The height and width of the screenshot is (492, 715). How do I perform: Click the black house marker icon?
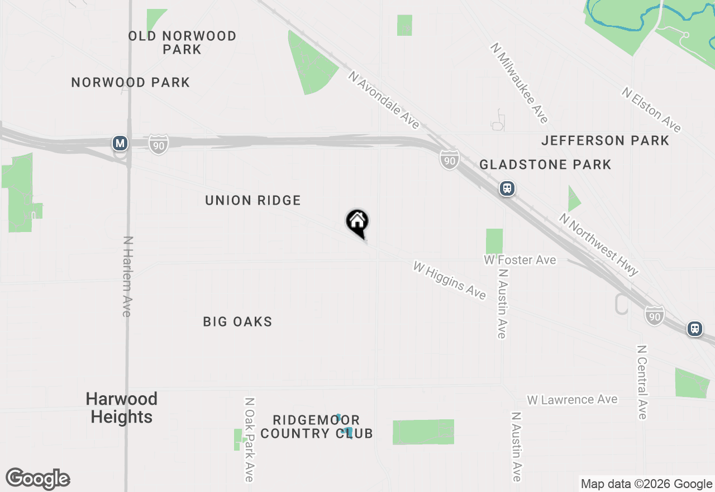357,222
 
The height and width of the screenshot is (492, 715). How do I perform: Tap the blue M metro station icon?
120,143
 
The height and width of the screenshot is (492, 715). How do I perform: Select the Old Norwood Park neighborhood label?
182,43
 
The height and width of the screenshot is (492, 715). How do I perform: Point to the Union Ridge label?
253,200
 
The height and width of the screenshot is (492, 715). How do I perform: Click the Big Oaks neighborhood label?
237,321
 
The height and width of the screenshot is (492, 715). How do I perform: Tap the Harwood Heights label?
122,408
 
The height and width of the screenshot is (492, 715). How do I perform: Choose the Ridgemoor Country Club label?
317,427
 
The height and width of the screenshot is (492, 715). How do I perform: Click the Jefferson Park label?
605,140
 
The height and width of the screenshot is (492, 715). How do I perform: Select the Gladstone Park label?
545,164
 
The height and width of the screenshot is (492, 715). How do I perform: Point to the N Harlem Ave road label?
127,276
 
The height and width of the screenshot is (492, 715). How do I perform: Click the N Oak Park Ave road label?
249,439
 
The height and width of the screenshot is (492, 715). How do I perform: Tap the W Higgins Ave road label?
450,280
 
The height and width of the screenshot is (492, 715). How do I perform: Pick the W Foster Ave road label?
520,260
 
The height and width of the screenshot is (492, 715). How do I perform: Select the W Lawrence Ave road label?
573,400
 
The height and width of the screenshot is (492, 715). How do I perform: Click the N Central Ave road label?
641,381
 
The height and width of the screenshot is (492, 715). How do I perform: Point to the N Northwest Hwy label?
599,244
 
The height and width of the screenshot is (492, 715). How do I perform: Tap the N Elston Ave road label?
652,110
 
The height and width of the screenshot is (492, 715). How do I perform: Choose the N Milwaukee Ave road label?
519,83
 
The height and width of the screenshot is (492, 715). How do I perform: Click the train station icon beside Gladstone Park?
507,188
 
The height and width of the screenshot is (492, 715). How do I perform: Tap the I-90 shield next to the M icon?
159,144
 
